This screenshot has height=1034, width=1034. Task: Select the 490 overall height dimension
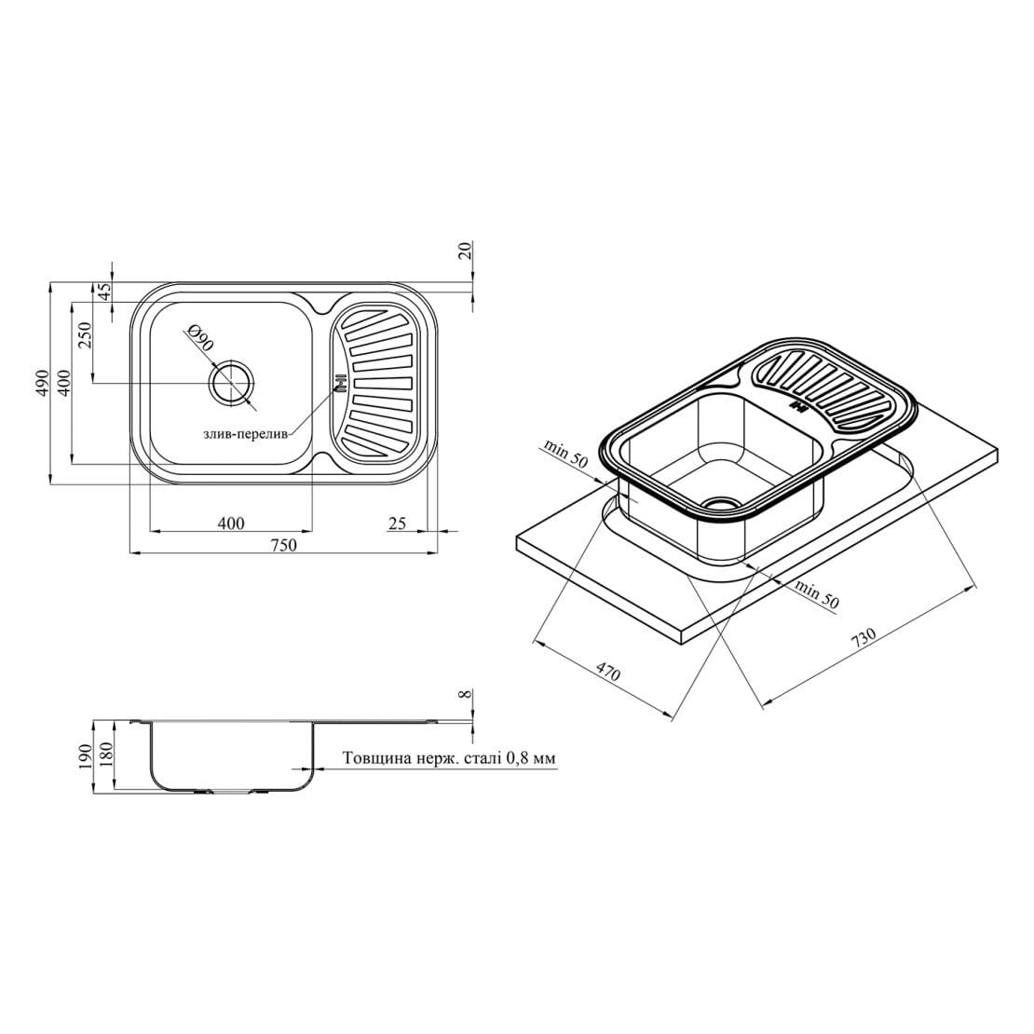[x=42, y=383]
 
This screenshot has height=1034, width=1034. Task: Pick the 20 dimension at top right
[x=466, y=251]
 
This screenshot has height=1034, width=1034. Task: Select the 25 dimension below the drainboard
[x=397, y=524]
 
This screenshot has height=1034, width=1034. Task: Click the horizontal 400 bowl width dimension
[x=231, y=523]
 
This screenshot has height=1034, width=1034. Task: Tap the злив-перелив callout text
[x=244, y=435]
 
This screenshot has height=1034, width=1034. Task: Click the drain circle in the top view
[x=231, y=383]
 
